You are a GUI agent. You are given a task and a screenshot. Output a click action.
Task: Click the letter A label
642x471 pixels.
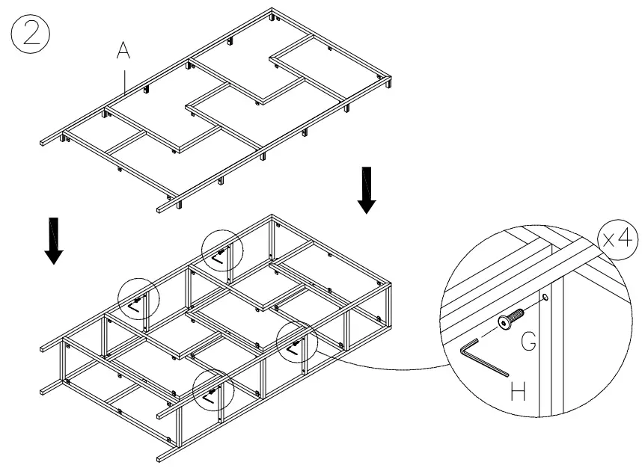[123, 51]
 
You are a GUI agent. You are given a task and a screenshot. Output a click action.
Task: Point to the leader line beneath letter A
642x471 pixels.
[124, 78]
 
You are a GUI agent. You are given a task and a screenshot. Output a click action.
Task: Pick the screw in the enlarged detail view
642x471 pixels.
[509, 318]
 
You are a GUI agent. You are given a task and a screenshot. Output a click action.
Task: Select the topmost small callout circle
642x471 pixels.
[221, 250]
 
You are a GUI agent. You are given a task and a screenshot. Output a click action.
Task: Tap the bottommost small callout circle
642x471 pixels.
[213, 391]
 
